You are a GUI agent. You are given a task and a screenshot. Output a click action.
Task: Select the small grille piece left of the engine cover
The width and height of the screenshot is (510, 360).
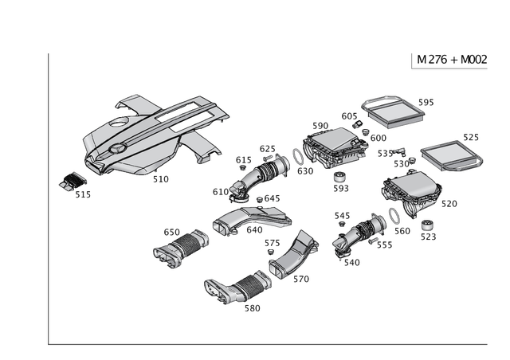73,182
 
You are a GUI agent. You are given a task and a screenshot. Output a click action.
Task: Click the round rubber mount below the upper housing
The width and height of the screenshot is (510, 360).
339,176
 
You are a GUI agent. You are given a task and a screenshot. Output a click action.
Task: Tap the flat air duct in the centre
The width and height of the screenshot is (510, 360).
248,217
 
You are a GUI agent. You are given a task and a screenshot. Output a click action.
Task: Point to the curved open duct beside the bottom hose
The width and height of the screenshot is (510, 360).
291,256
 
